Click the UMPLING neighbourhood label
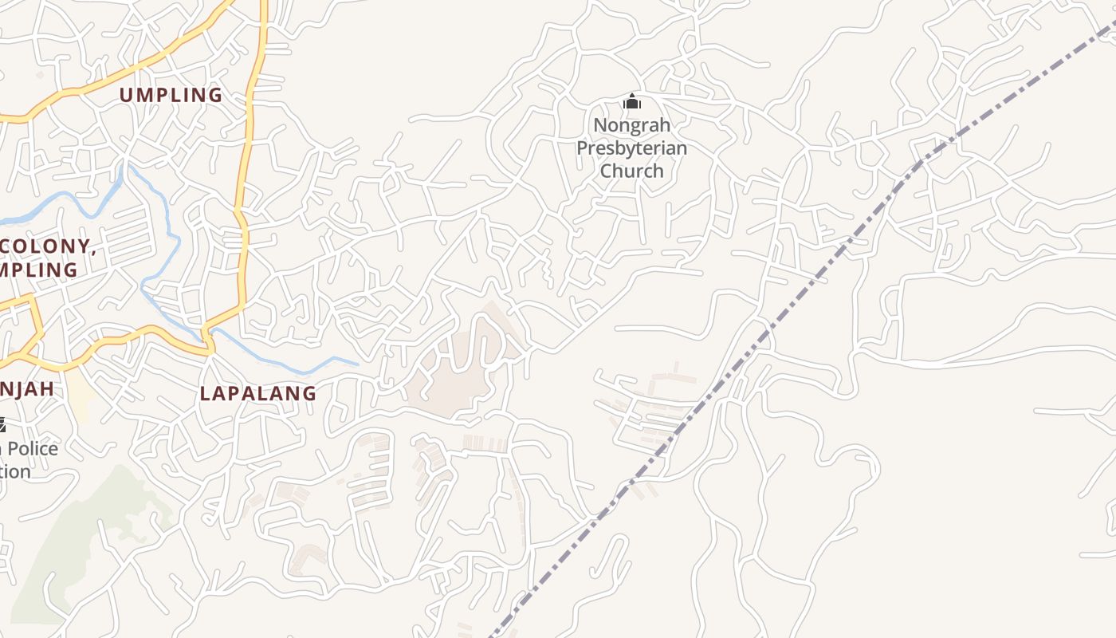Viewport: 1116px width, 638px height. [x=171, y=95]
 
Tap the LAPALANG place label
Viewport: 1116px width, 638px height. [x=257, y=393]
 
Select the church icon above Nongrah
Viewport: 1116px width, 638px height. [x=632, y=101]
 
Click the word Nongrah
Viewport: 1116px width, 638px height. [x=631, y=125]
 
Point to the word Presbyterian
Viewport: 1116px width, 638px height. [x=631, y=148]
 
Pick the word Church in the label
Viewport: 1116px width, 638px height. [x=631, y=171]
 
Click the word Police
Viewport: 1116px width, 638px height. [x=33, y=448]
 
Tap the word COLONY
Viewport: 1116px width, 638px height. [x=45, y=247]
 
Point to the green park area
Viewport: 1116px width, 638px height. [x=72, y=542]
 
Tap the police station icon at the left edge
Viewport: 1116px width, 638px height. [x=2, y=425]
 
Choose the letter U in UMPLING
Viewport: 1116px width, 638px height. [x=126, y=95]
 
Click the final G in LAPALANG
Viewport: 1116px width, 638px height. [x=309, y=393]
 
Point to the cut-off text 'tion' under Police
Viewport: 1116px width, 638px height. [x=15, y=471]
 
